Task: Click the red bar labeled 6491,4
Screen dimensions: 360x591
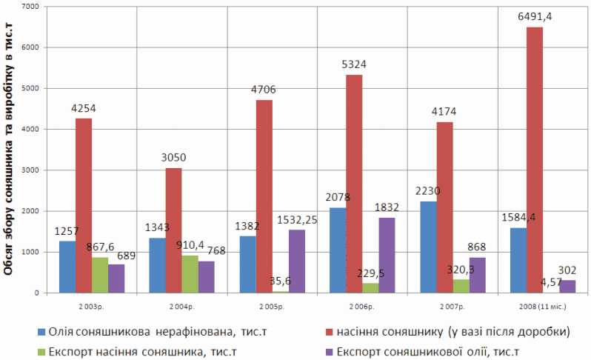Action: coord(534,160)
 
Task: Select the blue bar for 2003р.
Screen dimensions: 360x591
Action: coord(67,267)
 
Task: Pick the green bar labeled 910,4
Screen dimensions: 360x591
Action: coord(190,274)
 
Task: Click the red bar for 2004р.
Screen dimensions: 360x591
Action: coord(173,230)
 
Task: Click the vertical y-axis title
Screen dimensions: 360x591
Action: coord(10,148)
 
